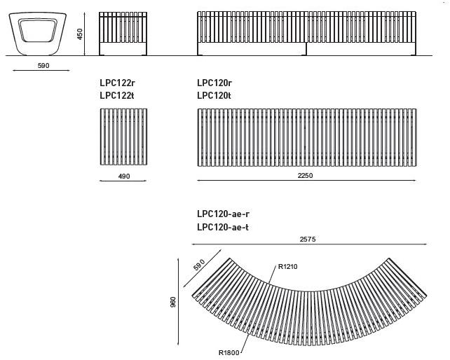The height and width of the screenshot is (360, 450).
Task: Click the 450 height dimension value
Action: (80, 34)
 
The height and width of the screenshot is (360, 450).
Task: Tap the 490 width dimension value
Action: (124, 176)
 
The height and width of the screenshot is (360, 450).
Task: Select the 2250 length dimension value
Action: (305, 176)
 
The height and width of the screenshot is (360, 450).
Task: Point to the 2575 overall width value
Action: (308, 239)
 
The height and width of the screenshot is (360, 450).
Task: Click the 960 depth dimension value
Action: (173, 303)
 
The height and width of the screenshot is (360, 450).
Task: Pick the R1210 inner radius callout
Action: (288, 267)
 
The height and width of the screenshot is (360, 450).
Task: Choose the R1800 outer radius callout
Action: (229, 352)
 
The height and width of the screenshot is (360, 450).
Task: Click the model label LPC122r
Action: (117, 83)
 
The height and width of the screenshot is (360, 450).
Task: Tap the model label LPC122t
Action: (117, 95)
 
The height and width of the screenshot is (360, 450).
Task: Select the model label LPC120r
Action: (214, 83)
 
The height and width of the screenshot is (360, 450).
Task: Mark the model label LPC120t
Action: (214, 95)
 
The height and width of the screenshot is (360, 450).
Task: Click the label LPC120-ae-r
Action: (223, 214)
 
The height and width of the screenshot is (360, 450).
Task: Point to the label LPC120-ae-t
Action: (223, 227)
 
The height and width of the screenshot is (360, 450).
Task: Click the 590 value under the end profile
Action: (43, 65)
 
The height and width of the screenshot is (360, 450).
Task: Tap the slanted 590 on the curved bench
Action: (199, 265)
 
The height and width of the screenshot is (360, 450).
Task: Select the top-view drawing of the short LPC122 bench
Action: (123, 137)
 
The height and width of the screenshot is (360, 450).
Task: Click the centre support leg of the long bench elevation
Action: (306, 49)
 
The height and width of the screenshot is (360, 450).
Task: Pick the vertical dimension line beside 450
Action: (85, 34)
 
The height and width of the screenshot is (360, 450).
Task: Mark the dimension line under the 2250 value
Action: (306, 181)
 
